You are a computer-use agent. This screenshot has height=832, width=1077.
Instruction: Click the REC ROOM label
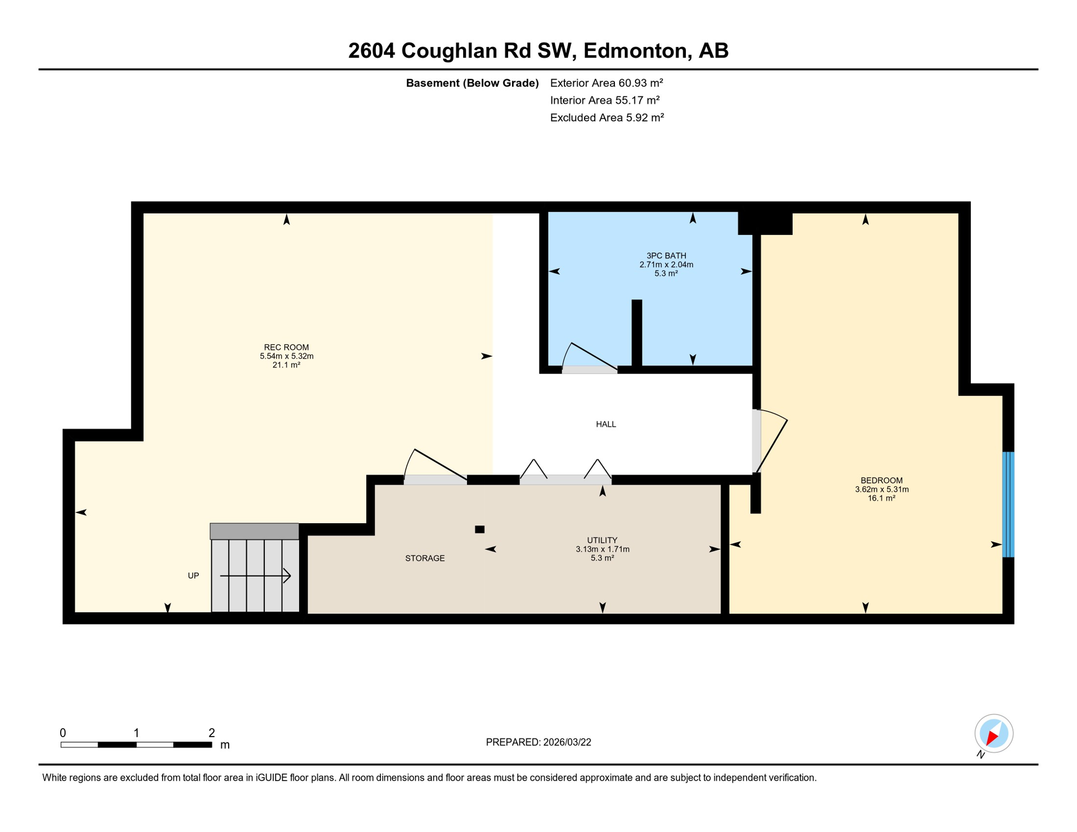point(286,347)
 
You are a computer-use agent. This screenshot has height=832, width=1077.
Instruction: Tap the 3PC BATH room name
point(666,256)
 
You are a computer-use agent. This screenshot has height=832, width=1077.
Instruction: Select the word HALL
point(606,424)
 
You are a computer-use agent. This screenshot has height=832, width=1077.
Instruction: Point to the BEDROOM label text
point(881,480)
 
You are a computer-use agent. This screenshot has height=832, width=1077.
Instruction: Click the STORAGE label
point(425,558)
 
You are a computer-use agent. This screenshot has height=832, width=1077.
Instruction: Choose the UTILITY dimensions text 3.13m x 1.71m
point(602,549)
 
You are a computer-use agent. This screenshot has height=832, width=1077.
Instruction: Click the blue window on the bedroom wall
point(1008,504)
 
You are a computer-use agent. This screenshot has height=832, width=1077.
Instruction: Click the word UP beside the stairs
point(193,576)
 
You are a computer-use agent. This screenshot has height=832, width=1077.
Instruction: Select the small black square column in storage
point(479,529)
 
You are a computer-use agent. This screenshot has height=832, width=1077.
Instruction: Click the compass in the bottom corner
point(994,734)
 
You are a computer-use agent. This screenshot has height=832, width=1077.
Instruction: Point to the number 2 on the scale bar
point(212,733)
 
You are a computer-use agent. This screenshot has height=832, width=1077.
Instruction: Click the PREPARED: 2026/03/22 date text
point(538,742)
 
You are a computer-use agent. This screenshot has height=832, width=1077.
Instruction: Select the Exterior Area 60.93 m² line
point(606,83)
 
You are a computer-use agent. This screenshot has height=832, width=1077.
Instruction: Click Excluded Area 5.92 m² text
point(607,118)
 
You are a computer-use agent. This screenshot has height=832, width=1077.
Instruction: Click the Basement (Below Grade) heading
point(472,83)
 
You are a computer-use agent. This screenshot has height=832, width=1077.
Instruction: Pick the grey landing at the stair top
point(254,531)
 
